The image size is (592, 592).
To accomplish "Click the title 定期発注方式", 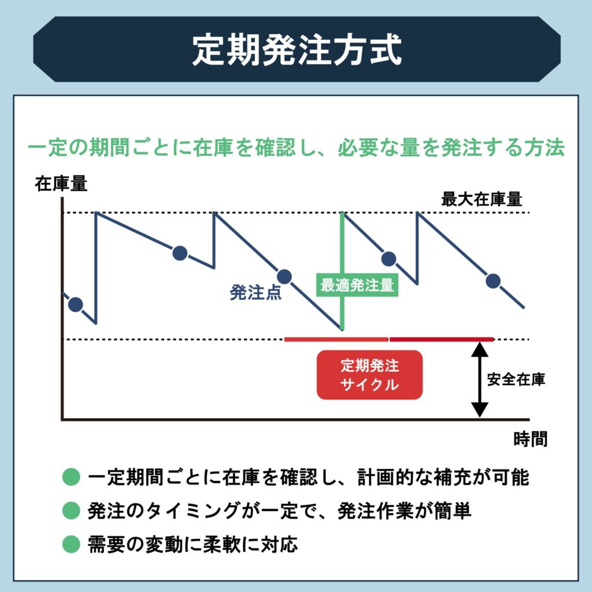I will pyautogui.click(x=296, y=50).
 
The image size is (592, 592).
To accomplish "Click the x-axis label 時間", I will pyautogui.click(x=530, y=439).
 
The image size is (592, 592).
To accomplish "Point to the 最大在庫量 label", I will pyautogui.click(x=481, y=200).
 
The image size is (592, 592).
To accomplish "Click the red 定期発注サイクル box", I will pyautogui.click(x=369, y=375).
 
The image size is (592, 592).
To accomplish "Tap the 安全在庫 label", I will pyautogui.click(x=516, y=380).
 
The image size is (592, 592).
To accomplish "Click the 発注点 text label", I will pyautogui.click(x=256, y=293).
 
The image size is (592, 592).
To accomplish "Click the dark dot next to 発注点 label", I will pyautogui.click(x=284, y=277).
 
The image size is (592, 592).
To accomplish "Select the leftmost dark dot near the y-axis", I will pyautogui.click(x=75, y=304).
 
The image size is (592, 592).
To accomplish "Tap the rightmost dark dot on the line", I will pyautogui.click(x=493, y=281).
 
